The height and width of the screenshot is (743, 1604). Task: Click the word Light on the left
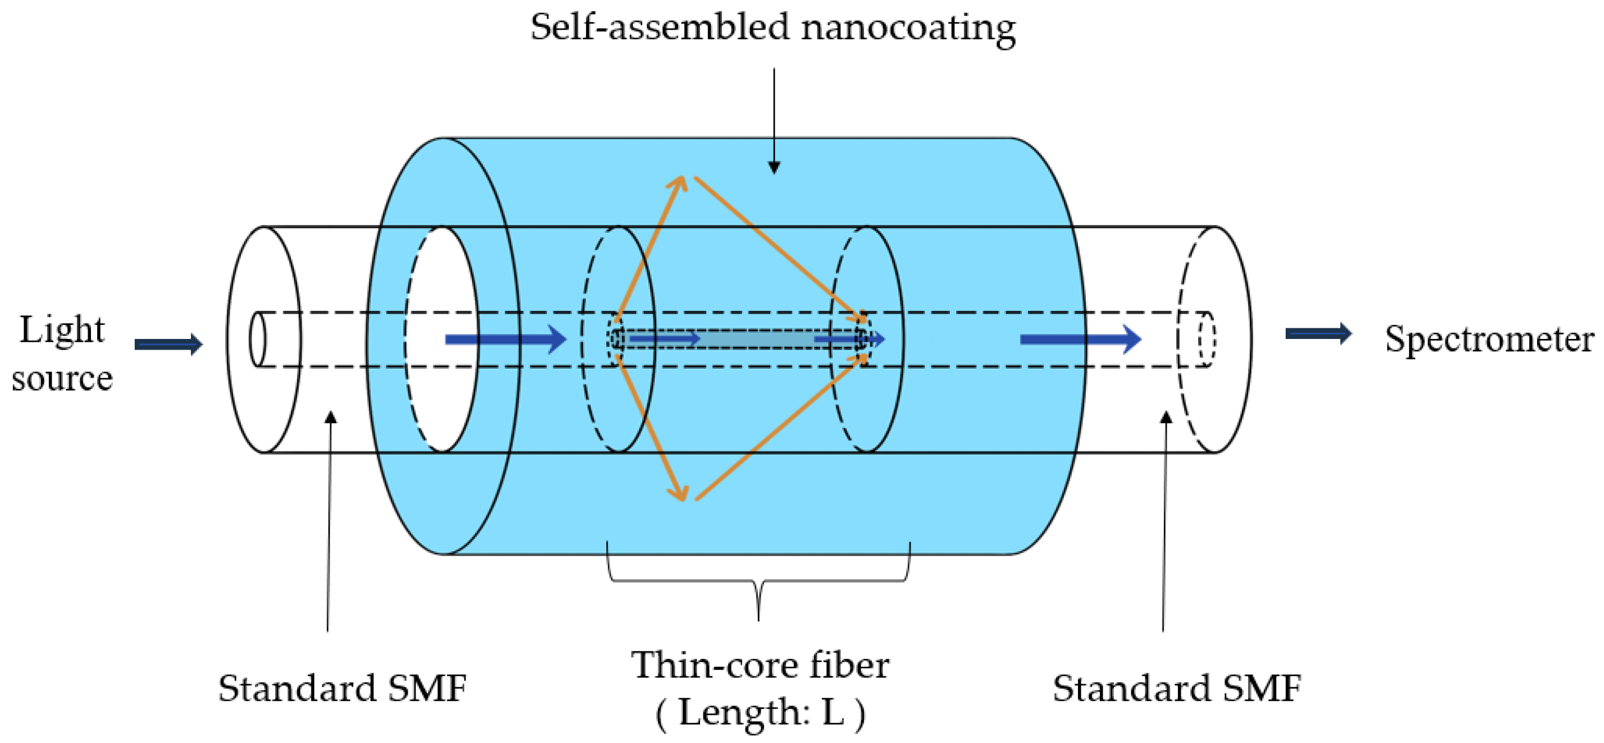[62, 330]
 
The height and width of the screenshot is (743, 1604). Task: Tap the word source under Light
[62, 378]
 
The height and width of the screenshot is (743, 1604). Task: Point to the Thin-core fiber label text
[760, 665]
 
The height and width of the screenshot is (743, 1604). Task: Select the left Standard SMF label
[342, 688]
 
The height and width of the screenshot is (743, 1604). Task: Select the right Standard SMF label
[1176, 688]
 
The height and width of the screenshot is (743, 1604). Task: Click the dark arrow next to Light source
[168, 344]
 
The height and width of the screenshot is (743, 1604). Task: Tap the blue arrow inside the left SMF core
[505, 339]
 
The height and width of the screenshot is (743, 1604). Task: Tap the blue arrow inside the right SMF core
[1080, 339]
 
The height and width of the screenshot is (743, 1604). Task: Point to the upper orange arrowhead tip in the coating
[683, 178]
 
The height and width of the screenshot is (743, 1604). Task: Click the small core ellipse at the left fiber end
[257, 339]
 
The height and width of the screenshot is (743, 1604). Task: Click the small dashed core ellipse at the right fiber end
[1207, 339]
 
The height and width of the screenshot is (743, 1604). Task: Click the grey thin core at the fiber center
[753, 339]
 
